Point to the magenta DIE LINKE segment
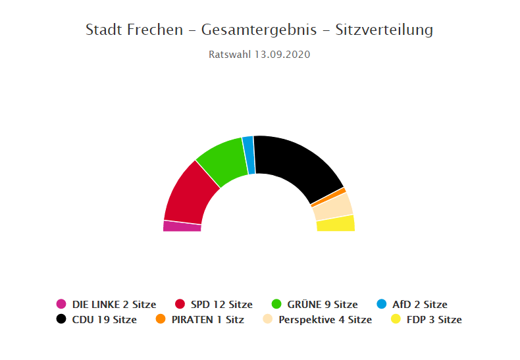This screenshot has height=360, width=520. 182,226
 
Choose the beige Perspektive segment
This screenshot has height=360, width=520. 333,207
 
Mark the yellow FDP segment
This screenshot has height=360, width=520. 336,224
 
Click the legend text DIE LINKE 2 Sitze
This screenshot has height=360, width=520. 114,304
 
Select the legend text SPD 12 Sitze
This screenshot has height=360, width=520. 221,304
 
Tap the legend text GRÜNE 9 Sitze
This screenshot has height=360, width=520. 323,304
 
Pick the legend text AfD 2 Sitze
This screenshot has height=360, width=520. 419,304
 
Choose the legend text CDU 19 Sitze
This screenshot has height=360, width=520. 105,320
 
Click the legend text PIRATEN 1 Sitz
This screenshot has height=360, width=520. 207,320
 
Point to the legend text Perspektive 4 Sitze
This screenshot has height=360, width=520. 325,320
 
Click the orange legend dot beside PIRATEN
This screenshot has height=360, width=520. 160,319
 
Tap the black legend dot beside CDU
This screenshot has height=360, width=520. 61,319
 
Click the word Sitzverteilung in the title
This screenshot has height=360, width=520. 384,30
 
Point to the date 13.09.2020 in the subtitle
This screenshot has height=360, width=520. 282,55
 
